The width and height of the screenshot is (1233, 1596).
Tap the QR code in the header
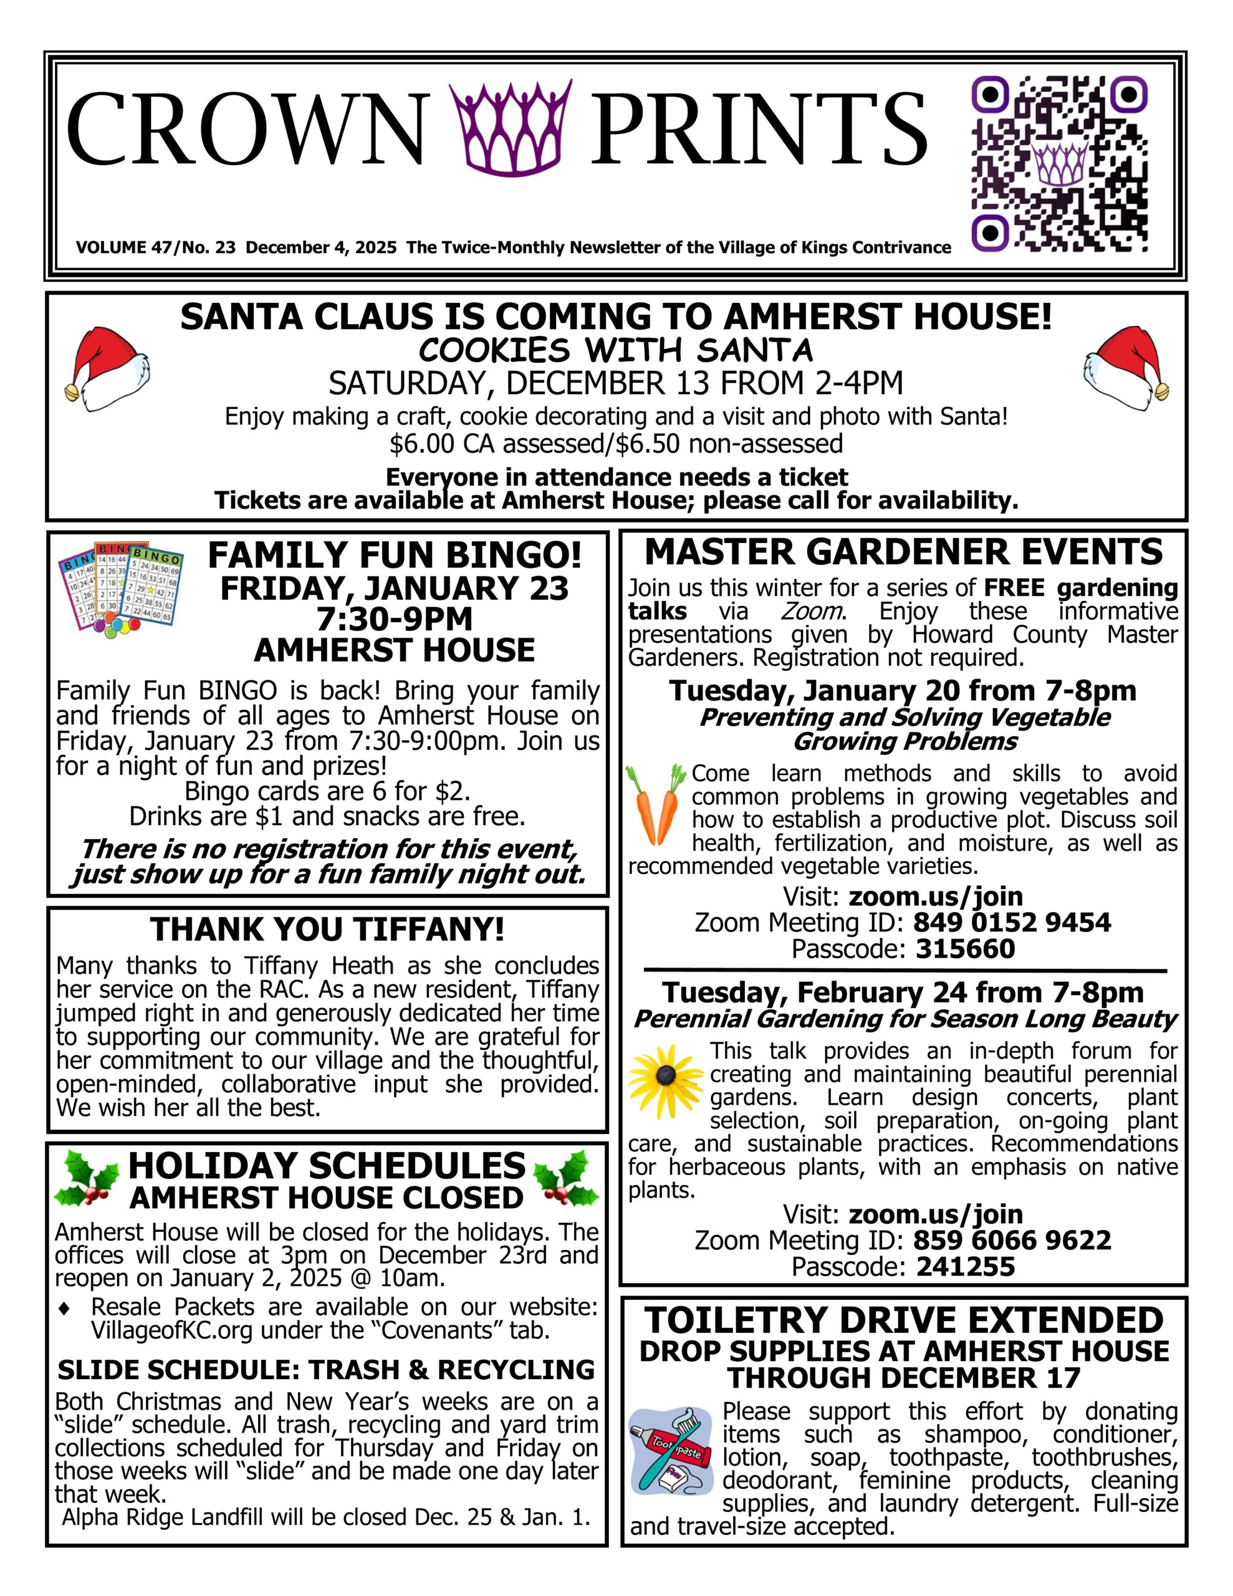pyautogui.click(x=1058, y=165)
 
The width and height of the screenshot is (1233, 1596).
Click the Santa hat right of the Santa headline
pyautogui.click(x=1126, y=364)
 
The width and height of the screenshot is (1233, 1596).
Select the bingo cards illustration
pyautogui.click(x=122, y=587)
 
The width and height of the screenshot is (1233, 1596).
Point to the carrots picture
pyautogui.click(x=656, y=802)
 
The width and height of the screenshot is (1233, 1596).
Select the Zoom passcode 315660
pyautogui.click(x=966, y=949)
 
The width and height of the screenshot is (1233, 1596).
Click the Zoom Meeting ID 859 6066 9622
pyautogui.click(x=1012, y=1240)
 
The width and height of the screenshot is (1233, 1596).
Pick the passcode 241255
pyautogui.click(x=966, y=1266)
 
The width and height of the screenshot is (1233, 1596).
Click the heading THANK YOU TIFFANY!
pyautogui.click(x=327, y=930)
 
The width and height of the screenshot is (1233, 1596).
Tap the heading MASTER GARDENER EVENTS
pyautogui.click(x=903, y=552)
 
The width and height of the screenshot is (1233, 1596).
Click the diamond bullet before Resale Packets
pyautogui.click(x=64, y=1308)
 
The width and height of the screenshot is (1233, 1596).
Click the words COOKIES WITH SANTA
pyautogui.click(x=616, y=351)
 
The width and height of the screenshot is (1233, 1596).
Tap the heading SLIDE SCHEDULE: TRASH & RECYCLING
pyautogui.click(x=327, y=1370)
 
